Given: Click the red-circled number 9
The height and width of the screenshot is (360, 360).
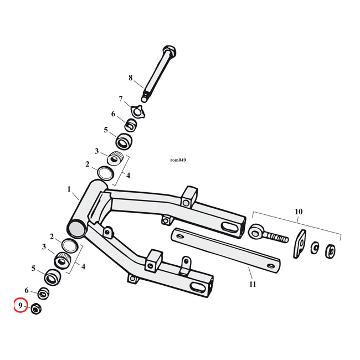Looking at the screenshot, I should (20, 305).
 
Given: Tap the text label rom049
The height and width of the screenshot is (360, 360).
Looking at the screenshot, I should (178, 160).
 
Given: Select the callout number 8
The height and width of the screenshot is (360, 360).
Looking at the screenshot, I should (131, 78).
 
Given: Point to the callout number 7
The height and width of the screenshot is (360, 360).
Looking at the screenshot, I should (120, 99).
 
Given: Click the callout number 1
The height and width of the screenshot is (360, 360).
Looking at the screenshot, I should (70, 189).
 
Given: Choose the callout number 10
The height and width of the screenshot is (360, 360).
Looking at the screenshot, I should (299, 212).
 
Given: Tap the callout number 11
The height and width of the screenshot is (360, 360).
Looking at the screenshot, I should (253, 284).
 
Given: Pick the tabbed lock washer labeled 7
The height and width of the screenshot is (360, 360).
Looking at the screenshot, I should (135, 109).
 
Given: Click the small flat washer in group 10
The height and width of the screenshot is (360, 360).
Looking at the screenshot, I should (315, 247).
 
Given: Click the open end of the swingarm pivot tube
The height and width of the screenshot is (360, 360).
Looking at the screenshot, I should (76, 227).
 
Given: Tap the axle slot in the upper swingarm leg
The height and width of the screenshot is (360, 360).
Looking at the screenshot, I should (228, 228).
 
